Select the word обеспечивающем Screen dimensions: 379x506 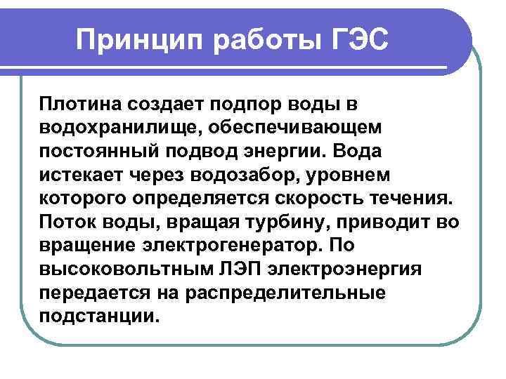(x=311, y=127)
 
